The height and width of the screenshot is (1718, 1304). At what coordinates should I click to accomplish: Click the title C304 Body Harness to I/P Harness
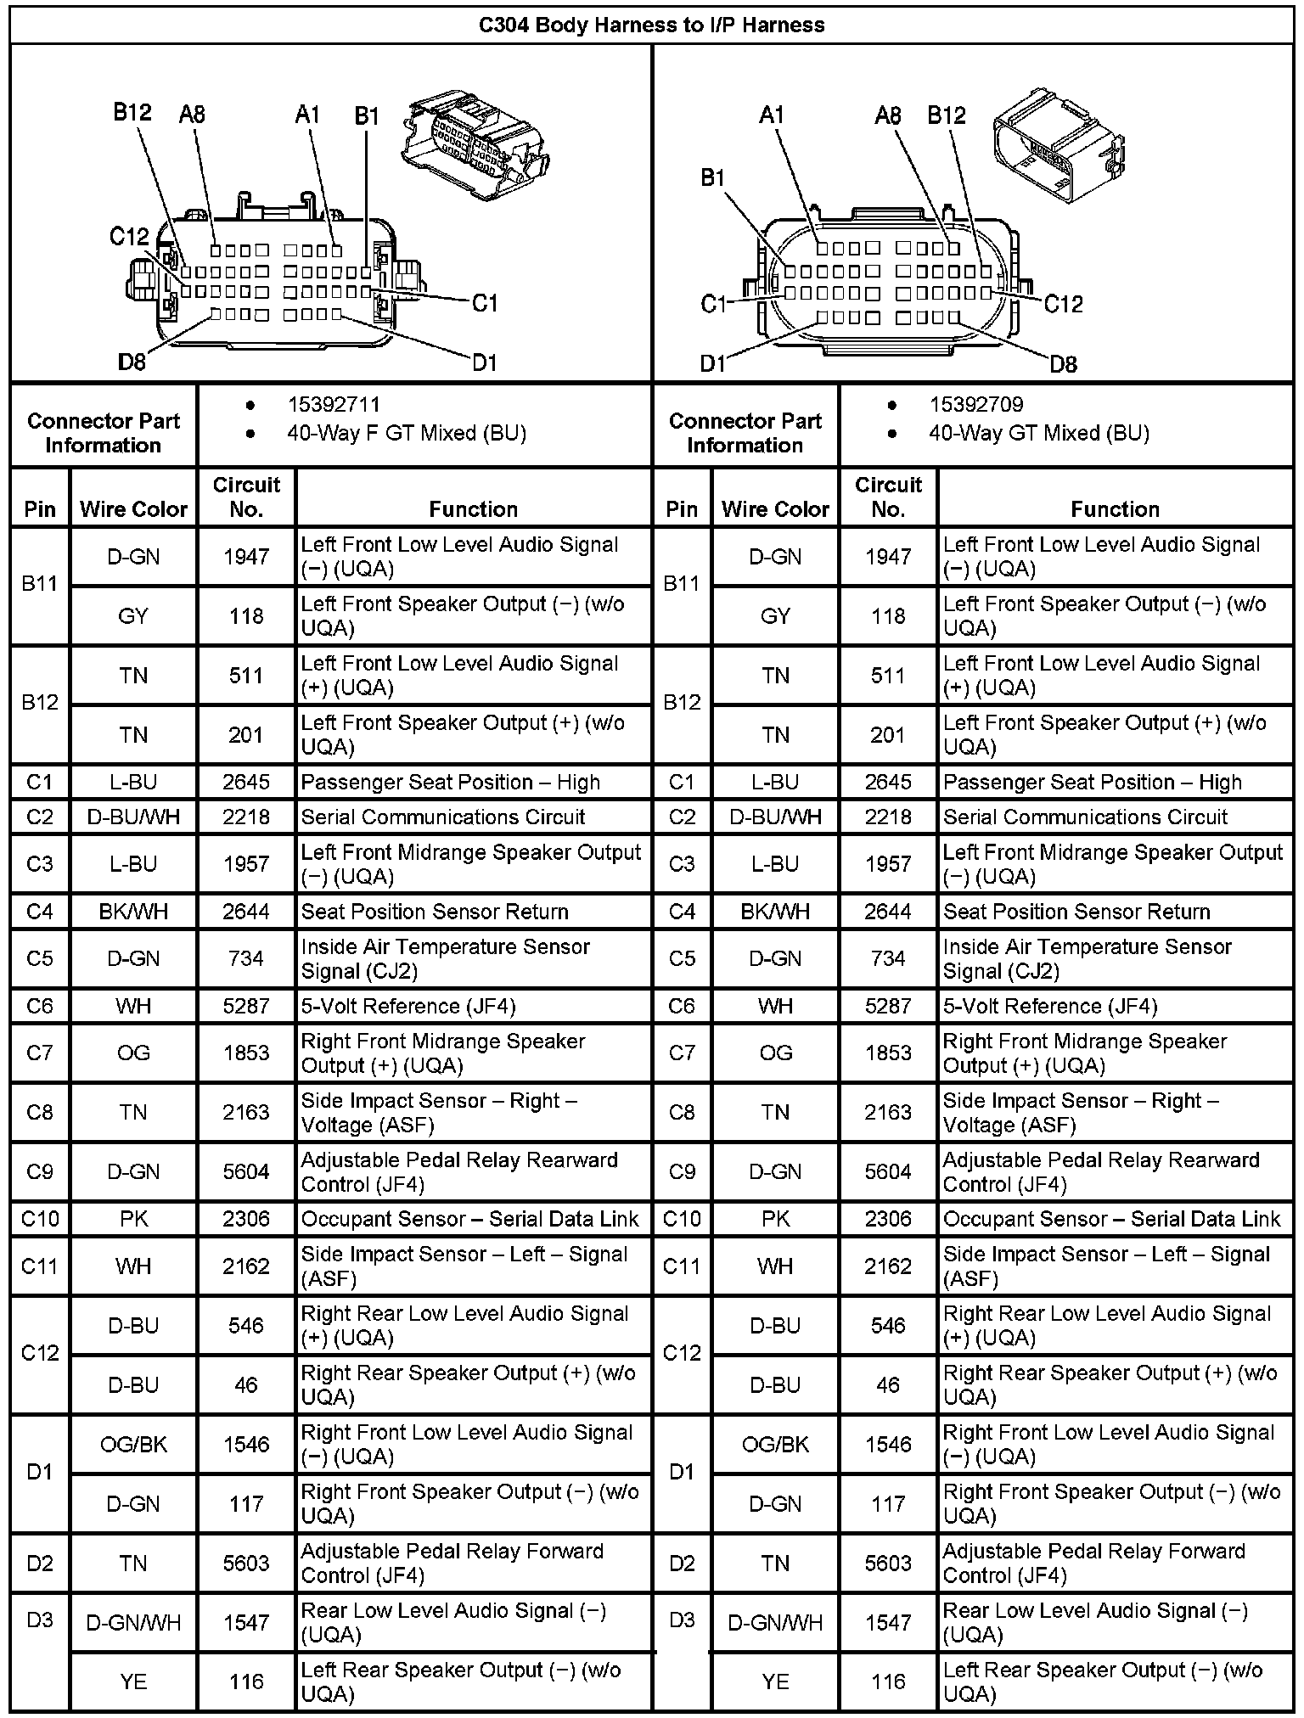pos(651,25)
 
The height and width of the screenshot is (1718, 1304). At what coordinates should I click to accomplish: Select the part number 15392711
pos(334,404)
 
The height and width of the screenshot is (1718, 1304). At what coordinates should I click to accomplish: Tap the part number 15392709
pos(975,404)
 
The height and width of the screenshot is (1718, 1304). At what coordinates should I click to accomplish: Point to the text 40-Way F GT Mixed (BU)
pos(406,433)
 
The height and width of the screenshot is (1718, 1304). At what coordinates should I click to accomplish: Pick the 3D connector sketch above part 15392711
pos(471,142)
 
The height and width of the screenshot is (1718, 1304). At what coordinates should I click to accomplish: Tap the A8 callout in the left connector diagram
pos(193,115)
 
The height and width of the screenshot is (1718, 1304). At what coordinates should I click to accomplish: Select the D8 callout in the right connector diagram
pos(1063,364)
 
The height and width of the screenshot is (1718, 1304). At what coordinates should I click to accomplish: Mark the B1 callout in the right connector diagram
pos(713,178)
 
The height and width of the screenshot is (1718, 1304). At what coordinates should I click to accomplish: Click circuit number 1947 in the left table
pos(246,557)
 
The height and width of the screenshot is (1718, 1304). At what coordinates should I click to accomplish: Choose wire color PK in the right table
pos(775,1219)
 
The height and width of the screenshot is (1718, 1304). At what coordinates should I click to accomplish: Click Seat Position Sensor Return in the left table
pos(435,912)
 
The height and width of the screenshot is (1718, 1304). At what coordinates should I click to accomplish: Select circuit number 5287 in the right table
pos(888,1006)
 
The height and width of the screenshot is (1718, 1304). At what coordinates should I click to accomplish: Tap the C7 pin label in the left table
pos(40,1053)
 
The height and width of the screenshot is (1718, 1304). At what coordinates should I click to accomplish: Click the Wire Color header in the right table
pos(775,508)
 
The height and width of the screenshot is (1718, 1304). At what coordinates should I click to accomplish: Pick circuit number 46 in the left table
pos(246,1384)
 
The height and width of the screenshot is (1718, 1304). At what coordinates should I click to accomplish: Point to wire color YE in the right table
pos(775,1682)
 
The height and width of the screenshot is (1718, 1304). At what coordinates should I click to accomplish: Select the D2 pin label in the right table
pos(682,1563)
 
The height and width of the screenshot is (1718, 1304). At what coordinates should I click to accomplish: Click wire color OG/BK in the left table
pos(133,1444)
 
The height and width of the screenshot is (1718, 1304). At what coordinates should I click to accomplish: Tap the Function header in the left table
pos(473,508)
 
